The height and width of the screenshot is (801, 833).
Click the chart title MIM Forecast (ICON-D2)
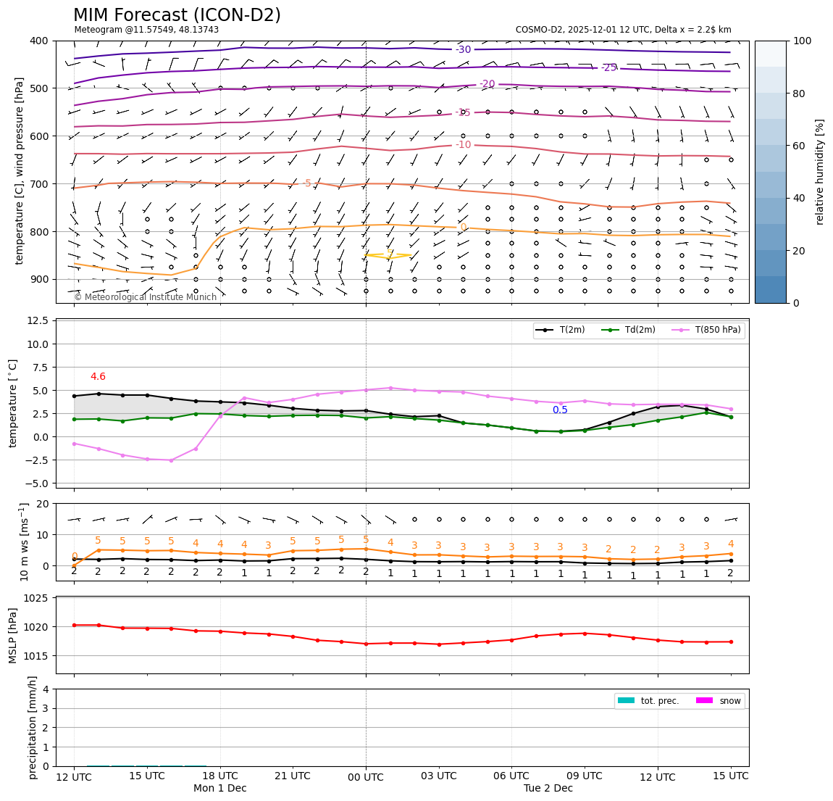tap(177, 15)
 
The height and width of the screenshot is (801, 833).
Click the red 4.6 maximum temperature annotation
tap(98, 377)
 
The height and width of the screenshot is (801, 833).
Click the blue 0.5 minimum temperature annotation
tap(560, 410)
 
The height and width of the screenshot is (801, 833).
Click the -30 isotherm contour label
tap(464, 49)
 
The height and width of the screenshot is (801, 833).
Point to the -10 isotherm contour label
tap(464, 145)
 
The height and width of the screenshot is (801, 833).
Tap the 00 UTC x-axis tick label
tap(366, 776)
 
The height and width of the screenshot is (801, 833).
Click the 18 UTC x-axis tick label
tap(219, 776)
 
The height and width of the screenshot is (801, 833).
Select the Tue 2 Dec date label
tap(548, 788)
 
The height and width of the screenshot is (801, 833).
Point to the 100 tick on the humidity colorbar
tap(803, 41)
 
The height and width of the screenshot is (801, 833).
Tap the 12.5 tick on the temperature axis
tap(37, 321)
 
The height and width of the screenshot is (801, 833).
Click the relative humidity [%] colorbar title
tap(820, 172)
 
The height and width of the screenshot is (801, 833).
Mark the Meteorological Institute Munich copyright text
tap(145, 297)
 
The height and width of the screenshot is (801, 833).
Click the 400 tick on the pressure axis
tap(39, 41)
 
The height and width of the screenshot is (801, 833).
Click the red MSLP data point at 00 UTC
tap(366, 644)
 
